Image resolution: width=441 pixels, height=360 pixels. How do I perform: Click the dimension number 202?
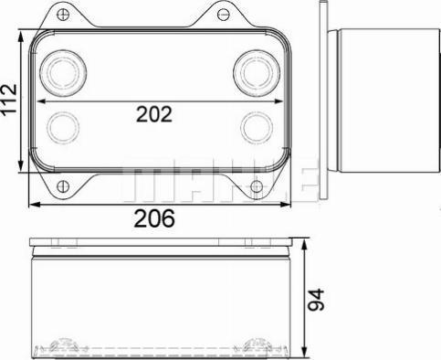[154, 114]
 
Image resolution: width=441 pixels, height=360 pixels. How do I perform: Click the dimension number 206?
[154, 218]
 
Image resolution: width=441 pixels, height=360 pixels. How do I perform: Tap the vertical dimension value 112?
[9, 99]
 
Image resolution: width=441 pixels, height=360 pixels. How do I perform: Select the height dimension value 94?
[316, 300]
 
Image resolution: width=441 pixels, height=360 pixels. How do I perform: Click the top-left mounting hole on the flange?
[64, 14]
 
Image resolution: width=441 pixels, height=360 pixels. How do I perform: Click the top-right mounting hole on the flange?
[223, 15]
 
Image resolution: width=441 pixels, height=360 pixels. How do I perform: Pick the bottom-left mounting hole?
[63, 186]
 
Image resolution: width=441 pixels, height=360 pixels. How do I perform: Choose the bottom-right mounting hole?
[257, 186]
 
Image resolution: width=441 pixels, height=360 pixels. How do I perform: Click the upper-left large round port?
[63, 73]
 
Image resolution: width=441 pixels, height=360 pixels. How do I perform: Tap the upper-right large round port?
[257, 73]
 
